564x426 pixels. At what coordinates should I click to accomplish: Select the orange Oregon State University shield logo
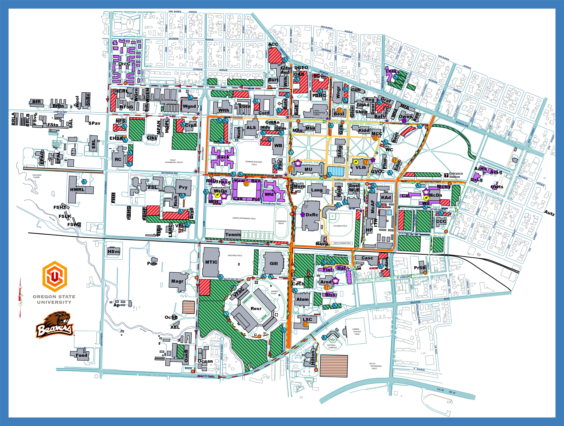[55, 276]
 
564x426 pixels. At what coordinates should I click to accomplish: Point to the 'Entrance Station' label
[456, 175]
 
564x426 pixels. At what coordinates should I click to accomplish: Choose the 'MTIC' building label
[211, 262]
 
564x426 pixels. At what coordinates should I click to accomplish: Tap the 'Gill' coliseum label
[274, 264]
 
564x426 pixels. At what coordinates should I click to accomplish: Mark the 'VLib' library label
[360, 168]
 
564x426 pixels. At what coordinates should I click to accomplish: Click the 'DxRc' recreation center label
[312, 215]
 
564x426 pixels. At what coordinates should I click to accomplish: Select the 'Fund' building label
[81, 355]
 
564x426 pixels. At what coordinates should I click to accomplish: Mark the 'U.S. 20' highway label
[440, 390]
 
